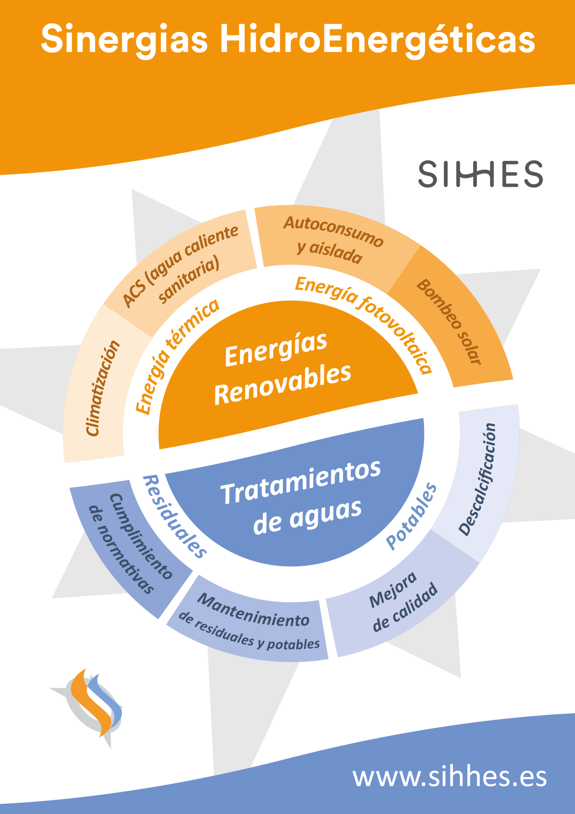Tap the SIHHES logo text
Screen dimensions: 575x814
coord(480,174)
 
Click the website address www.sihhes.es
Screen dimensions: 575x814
coord(450,777)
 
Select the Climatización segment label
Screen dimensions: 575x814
coord(103,388)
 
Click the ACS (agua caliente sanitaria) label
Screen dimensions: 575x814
coord(180,266)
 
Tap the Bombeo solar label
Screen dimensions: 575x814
coord(449,321)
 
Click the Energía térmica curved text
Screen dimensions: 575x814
coord(177,356)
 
